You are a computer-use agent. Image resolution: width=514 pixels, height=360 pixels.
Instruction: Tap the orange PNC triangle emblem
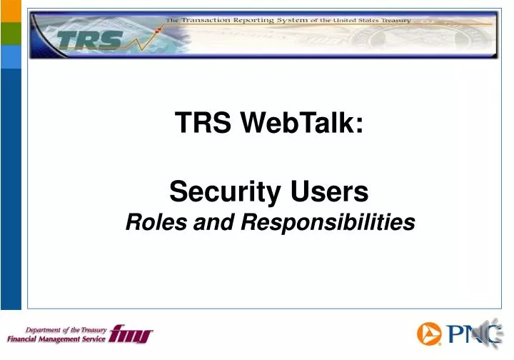pyautogui.click(x=430, y=334)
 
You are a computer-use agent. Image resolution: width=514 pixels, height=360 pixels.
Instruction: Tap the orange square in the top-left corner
pyautogui.click(x=11, y=11)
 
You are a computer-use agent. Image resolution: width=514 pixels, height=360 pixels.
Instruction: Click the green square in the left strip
pyautogui.click(x=11, y=34)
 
